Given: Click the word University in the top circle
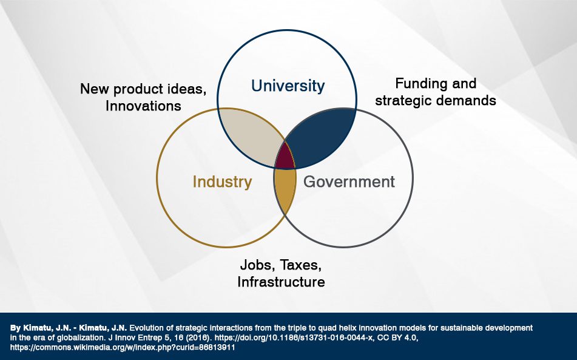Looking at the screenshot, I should coord(288,86).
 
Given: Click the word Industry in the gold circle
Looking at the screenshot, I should coord(222,182).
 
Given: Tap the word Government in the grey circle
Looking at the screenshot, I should coord(349,182).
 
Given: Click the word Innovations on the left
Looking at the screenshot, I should coord(143,106).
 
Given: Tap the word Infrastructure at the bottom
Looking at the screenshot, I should coord(281,282).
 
